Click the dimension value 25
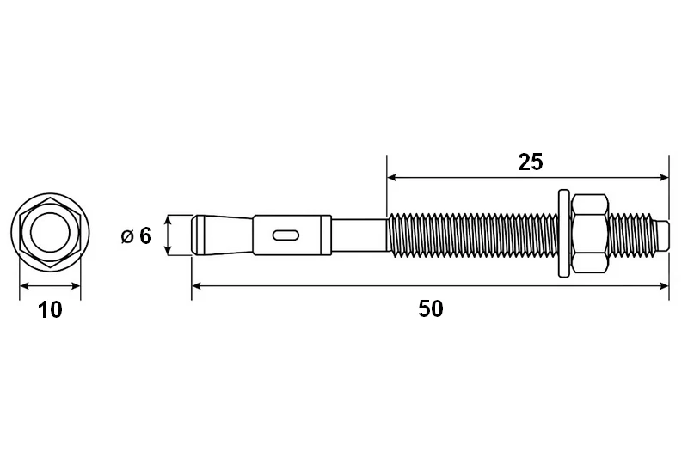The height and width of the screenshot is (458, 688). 531,162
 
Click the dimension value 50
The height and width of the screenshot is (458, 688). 431,308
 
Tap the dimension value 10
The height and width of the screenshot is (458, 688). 51,310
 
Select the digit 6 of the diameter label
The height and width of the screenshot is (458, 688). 145,235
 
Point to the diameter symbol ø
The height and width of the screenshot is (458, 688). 127,237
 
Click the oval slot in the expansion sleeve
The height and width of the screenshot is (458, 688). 286,235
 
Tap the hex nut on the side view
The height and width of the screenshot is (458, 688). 590,234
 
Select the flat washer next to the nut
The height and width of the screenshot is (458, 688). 564,234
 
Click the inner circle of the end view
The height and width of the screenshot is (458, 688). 50,232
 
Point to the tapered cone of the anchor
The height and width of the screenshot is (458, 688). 223,235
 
